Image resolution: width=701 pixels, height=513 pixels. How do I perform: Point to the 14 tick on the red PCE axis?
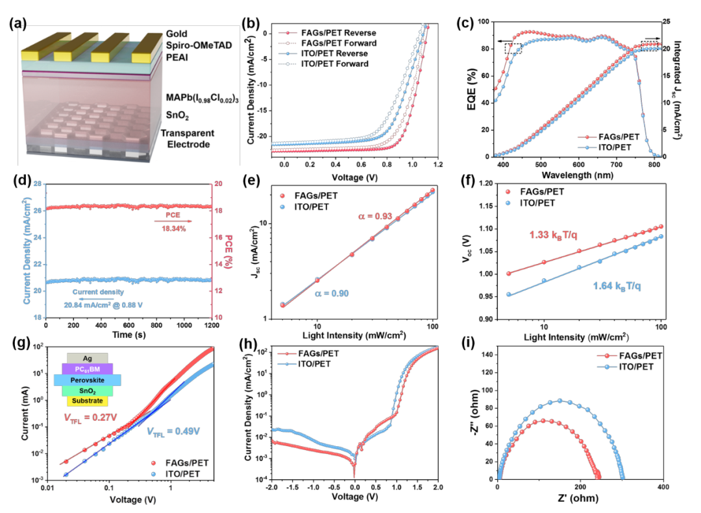tap(221, 264)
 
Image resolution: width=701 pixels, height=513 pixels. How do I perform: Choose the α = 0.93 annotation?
tap(375, 216)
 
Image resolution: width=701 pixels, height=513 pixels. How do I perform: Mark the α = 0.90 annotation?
tap(333, 294)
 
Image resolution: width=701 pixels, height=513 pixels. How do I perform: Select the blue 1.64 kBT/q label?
tap(617, 286)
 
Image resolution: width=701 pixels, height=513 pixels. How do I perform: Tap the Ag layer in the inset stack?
tap(87, 358)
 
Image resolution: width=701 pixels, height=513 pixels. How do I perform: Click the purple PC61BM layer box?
tap(87, 369)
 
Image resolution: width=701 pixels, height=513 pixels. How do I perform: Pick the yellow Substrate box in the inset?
tap(87, 401)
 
